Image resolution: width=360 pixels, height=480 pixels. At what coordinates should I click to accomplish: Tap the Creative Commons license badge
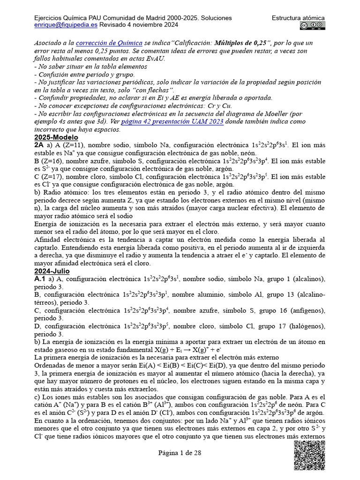313,26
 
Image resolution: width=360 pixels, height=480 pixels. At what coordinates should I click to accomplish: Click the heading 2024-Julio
52,271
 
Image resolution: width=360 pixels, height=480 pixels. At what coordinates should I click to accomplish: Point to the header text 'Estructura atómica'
298,18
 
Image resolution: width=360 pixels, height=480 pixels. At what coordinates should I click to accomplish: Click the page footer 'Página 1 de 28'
180,453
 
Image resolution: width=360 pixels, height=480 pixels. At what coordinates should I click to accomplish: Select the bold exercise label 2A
40,145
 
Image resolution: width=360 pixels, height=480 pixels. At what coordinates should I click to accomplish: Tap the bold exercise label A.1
40,279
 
